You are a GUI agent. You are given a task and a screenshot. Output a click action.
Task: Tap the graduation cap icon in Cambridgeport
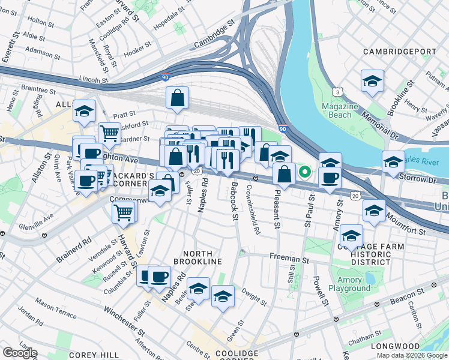pos(372,82)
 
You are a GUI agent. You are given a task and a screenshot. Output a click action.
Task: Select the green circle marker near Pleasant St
pos(305,173)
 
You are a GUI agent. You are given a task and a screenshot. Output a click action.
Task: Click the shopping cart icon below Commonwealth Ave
pos(124,212)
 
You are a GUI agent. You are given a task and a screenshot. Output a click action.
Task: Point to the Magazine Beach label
pos(340,110)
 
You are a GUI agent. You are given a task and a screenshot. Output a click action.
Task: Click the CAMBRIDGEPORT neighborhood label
pos(400,52)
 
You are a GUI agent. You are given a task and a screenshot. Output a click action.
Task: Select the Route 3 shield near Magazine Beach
pos(339,92)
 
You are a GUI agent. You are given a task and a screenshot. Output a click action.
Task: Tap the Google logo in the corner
pos(20,352)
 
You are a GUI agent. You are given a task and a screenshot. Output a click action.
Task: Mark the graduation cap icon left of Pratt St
pos(84,111)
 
